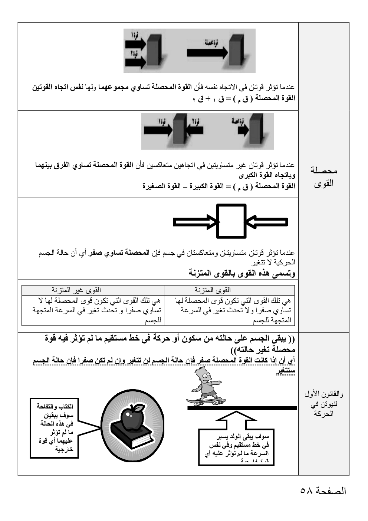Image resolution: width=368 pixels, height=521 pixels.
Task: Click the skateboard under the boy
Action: (x=206, y=401)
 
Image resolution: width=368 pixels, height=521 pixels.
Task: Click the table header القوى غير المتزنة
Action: (x=76, y=290)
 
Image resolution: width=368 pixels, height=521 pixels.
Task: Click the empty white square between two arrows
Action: (x=231, y=221)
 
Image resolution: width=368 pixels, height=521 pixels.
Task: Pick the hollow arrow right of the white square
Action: (x=267, y=222)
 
